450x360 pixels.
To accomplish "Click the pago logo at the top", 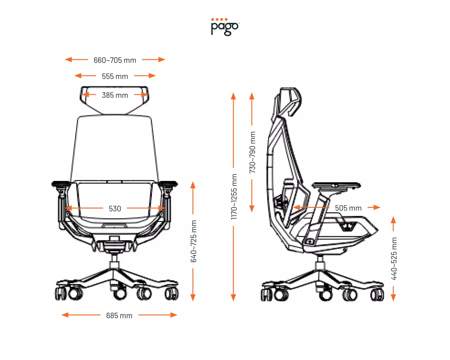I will coord(225,27).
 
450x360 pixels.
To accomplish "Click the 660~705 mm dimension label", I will coord(115,60).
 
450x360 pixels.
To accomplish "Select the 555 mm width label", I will coord(115,76).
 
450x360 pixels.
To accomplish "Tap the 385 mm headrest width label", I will coord(115,95).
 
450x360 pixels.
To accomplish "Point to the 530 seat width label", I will coord(115,209).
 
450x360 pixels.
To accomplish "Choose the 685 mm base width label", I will coord(119,316).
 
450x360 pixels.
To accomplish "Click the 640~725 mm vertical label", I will coord(194,241).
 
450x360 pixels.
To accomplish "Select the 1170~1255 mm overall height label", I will coord(234,197).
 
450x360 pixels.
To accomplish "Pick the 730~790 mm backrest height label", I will coord(252,152).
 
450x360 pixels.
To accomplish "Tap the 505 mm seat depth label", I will coord(348,208).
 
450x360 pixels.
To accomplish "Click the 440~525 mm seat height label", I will coord(394,258).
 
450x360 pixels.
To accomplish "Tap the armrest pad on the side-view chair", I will coord(336,185).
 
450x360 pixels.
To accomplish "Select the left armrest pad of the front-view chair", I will coord(61,184).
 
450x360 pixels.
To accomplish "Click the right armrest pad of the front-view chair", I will coord(168,184).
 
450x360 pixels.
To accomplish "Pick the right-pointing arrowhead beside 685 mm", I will coord(174,315).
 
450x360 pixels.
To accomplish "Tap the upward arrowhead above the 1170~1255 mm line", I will coord(233,96).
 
